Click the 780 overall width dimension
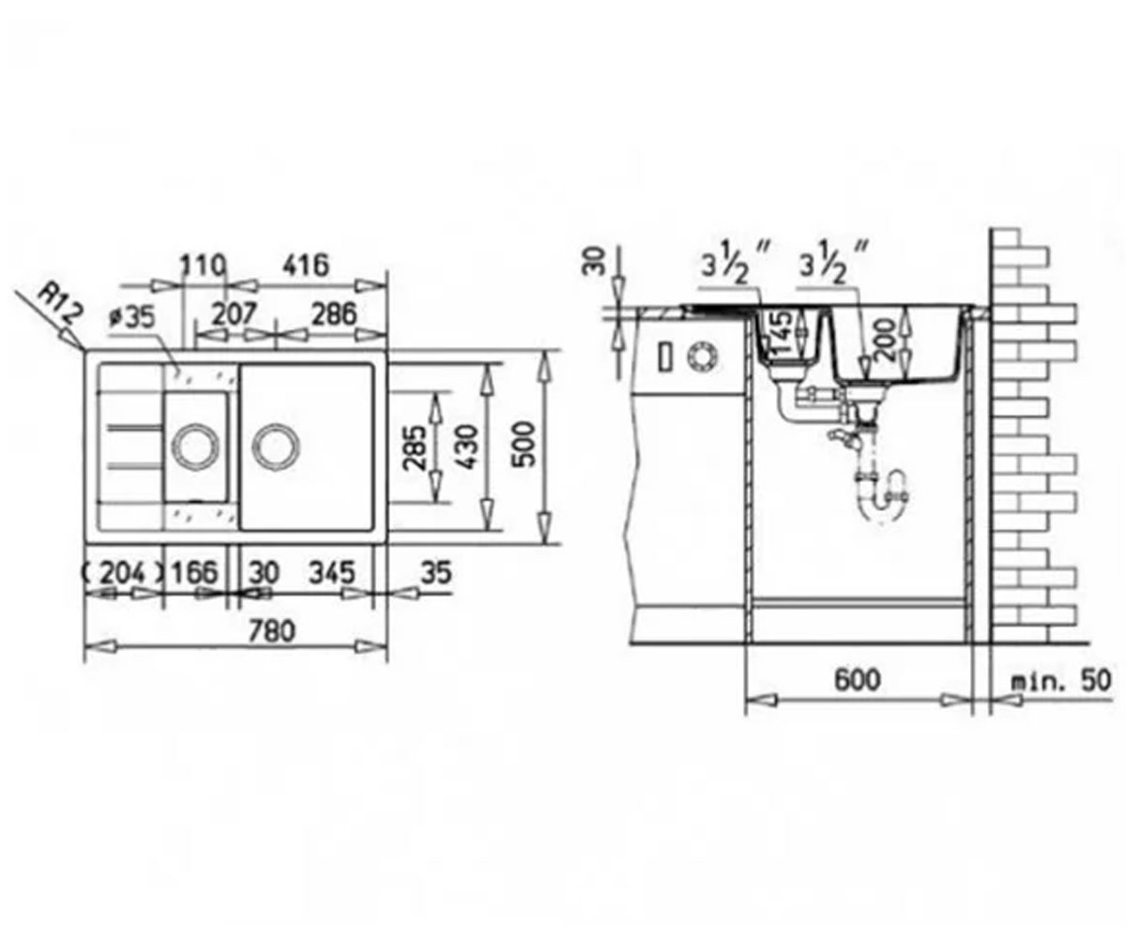(271, 631)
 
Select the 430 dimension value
(464, 446)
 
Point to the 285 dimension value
(415, 448)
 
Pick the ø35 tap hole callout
(131, 318)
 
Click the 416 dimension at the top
(306, 265)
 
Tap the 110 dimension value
(202, 265)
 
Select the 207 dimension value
(233, 314)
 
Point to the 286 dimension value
(334, 314)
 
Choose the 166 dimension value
(194, 572)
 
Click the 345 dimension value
(331, 572)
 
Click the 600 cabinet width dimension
(858, 680)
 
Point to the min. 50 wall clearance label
(1059, 681)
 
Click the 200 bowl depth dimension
(887, 339)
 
